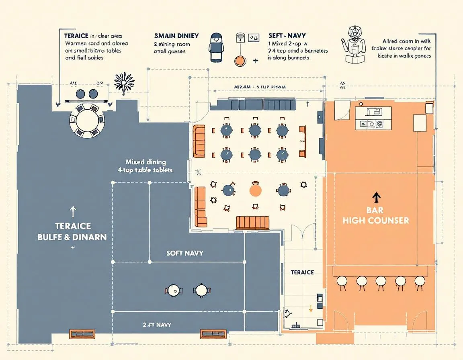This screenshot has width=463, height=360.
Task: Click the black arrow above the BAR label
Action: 376,197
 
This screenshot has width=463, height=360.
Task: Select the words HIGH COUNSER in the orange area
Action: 376,221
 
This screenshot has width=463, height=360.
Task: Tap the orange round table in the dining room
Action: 255,190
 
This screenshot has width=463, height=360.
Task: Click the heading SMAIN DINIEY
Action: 176,36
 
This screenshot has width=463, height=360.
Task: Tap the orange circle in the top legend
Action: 240,61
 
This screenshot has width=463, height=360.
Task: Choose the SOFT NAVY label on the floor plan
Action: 184,253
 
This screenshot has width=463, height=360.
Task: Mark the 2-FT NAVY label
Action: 157,324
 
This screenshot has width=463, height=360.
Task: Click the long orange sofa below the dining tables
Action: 252,222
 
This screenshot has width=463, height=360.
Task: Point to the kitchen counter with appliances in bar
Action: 373,118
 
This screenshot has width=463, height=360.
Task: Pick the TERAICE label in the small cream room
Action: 302,272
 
